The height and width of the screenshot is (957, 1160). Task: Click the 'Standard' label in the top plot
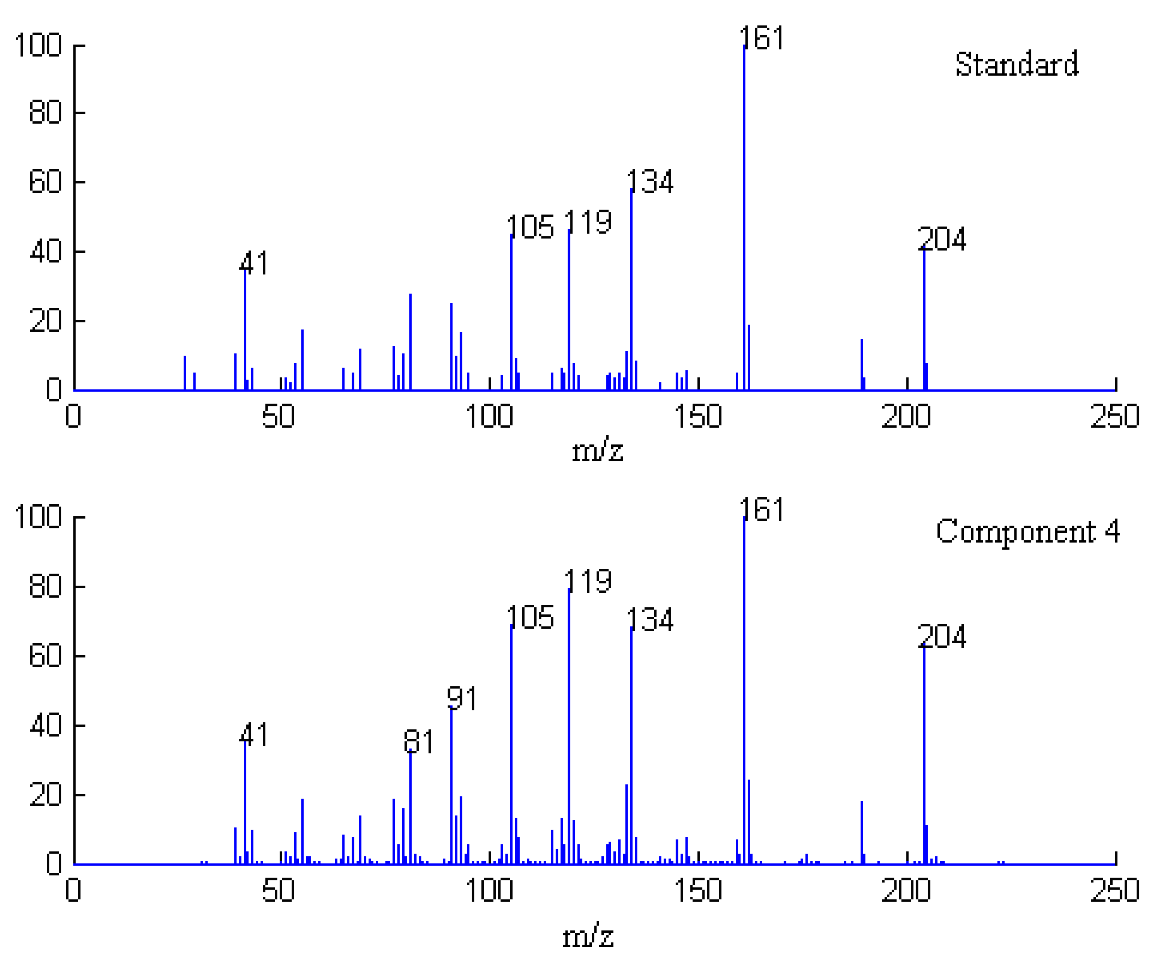coord(1016,65)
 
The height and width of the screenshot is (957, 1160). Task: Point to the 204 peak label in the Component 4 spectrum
coord(942,637)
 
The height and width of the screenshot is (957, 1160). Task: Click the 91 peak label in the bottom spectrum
coord(462,699)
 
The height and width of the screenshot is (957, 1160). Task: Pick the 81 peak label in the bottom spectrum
coord(419,741)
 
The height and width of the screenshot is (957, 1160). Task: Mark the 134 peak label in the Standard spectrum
coord(650,182)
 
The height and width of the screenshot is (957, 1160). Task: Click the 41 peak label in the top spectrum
coord(254,263)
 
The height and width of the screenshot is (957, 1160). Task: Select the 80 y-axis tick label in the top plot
coord(45,113)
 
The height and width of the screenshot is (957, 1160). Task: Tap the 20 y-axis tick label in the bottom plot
coord(45,795)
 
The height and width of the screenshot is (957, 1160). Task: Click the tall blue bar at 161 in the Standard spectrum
coord(744,220)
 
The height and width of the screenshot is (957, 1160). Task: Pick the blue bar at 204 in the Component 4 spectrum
coord(924,755)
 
